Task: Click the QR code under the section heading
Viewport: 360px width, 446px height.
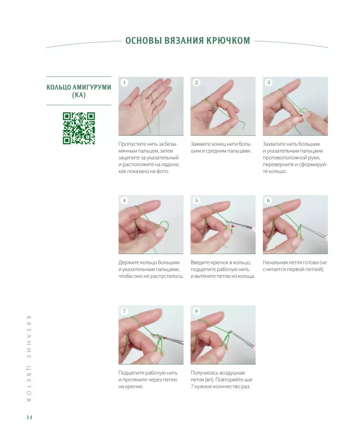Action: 79,128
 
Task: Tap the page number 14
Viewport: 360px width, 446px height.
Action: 29,417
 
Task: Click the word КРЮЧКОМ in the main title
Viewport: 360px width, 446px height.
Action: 228,41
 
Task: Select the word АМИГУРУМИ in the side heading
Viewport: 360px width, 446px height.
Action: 91,87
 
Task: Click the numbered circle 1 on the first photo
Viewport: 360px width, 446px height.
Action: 124,83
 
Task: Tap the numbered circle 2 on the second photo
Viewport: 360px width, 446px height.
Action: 196,83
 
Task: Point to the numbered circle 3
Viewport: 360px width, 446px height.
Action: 269,83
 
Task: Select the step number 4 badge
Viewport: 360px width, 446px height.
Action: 124,201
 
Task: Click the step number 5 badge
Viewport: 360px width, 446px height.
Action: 196,201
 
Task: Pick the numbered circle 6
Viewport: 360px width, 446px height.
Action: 269,201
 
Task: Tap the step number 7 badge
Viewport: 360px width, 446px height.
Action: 124,311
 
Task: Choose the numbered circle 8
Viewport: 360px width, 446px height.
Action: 196,311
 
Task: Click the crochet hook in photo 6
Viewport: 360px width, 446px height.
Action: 312,231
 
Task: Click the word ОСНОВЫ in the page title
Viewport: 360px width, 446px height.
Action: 140,41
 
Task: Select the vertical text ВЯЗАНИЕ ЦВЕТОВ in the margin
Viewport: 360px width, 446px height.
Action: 29,359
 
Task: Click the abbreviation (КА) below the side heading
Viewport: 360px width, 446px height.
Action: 79,95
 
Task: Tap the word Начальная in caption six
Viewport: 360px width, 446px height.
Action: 275,263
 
